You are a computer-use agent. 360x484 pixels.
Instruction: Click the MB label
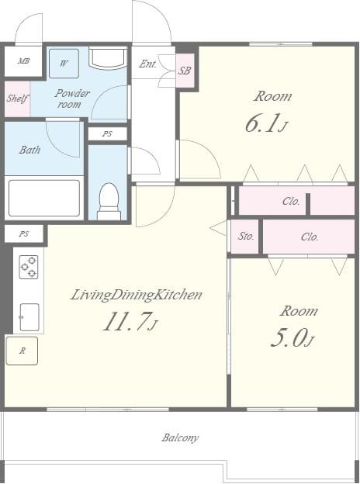[23, 60]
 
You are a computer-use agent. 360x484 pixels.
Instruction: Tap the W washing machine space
[64, 64]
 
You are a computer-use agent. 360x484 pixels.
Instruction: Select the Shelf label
[18, 99]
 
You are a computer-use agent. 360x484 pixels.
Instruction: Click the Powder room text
[71, 99]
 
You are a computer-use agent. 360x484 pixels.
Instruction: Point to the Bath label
[29, 150]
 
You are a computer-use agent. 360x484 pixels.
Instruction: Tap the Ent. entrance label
[147, 64]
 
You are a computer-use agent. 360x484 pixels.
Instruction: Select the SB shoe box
[185, 71]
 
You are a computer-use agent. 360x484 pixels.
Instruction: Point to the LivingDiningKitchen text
[136, 295]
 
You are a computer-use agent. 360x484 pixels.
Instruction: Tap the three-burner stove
[29, 267]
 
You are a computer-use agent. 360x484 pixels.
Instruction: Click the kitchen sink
[29, 317]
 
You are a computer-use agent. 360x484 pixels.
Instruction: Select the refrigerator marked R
[22, 351]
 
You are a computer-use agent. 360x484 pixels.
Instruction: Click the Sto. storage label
[246, 236]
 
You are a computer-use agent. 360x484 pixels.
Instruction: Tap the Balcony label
[180, 437]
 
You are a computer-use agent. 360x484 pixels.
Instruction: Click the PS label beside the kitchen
[24, 233]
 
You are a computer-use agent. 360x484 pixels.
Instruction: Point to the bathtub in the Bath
[44, 198]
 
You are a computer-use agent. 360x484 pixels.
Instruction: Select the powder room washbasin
[108, 57]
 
